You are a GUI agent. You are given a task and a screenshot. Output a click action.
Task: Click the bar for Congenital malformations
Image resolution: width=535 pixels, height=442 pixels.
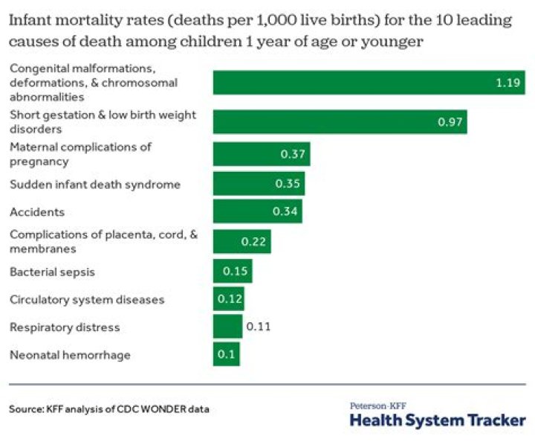click(369, 83)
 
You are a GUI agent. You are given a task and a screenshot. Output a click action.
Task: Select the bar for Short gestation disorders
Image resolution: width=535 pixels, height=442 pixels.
click(340, 121)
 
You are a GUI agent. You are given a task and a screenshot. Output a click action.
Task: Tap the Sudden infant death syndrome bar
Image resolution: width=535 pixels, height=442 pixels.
click(259, 184)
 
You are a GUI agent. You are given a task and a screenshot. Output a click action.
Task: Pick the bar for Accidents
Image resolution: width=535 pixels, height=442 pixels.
click(257, 212)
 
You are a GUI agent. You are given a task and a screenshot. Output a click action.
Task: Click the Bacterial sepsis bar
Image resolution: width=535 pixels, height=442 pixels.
click(233, 272)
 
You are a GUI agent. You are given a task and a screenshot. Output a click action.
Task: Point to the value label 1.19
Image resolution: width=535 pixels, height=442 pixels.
click(508, 83)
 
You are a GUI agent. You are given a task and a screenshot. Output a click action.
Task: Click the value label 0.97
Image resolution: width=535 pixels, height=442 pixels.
click(450, 121)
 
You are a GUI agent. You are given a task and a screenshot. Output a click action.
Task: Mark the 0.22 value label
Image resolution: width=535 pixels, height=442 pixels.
click(253, 242)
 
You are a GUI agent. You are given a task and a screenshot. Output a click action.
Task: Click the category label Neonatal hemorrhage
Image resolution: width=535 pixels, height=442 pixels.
click(70, 355)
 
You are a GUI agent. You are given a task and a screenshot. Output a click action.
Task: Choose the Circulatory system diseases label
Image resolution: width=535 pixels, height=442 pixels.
click(87, 300)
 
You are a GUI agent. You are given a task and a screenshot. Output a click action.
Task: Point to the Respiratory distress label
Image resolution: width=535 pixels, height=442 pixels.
click(65, 327)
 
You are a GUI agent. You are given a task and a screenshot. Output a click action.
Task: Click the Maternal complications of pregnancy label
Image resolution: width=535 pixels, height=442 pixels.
click(80, 154)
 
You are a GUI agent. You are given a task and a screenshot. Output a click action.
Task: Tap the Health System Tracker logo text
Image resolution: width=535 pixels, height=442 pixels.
click(437, 420)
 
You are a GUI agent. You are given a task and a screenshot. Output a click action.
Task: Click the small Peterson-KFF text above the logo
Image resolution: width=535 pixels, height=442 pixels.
click(372, 406)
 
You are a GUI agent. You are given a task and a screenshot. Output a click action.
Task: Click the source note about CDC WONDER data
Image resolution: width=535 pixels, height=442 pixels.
click(109, 410)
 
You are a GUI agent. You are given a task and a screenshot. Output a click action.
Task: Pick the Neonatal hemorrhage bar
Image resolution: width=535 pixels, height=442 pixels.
click(226, 355)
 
